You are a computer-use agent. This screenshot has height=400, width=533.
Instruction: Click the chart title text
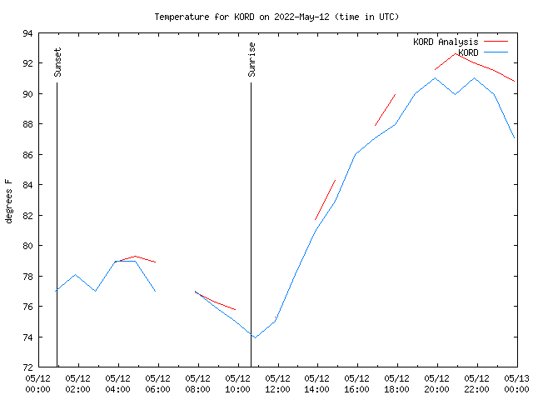point(276,17)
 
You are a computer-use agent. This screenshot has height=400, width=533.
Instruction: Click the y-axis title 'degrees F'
point(9,201)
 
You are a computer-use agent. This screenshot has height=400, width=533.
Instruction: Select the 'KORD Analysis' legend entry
point(446,42)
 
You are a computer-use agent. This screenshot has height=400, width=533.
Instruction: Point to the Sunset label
point(57,62)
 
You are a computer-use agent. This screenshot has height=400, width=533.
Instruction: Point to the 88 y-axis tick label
point(27,124)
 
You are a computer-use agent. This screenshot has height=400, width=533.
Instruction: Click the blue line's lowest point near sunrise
point(255,337)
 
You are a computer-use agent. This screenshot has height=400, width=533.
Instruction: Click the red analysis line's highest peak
point(456,53)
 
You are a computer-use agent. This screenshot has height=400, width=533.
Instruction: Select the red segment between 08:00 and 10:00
point(216,301)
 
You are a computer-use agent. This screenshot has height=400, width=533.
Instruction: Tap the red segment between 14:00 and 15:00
point(325,200)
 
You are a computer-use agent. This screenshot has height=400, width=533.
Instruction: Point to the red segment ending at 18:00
point(385,110)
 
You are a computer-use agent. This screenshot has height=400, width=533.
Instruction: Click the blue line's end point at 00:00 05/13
point(516,138)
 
